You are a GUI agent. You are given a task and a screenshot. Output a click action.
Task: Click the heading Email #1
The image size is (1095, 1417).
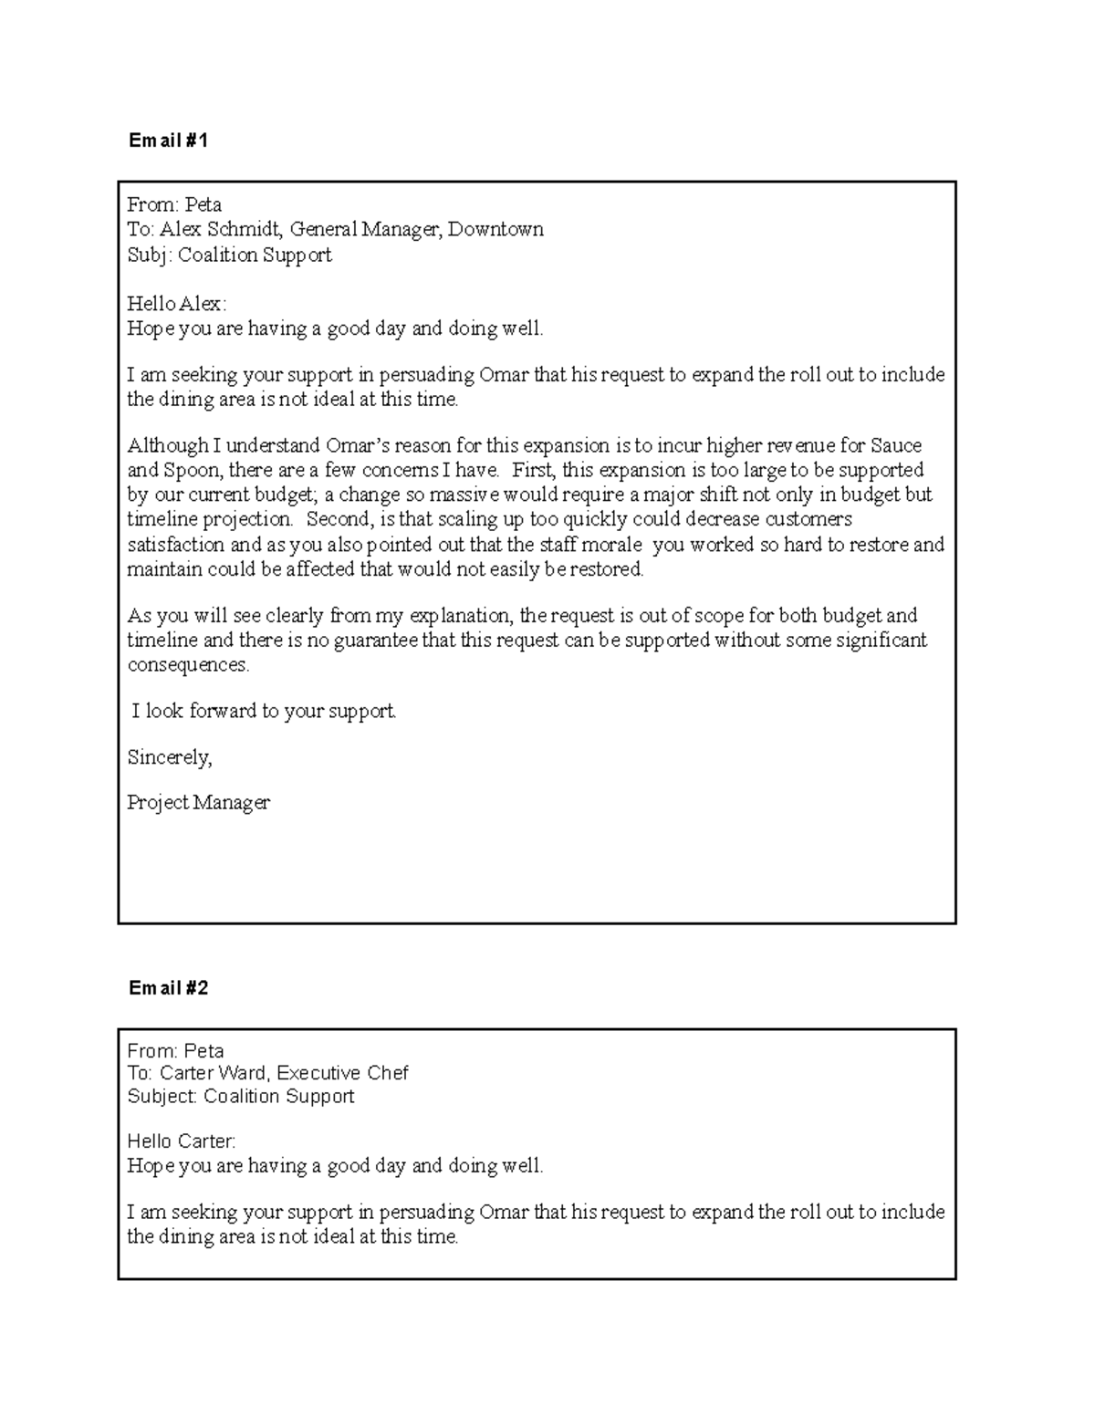(169, 141)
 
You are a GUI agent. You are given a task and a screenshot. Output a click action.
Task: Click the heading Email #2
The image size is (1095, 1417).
(169, 988)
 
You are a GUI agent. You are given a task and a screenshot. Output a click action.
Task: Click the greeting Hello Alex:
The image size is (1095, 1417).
(176, 304)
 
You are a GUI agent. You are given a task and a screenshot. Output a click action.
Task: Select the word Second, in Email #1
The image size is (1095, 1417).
(339, 520)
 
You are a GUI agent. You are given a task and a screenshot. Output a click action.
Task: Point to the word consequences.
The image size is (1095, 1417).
(187, 665)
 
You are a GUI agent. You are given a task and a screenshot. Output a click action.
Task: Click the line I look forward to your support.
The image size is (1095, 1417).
(265, 711)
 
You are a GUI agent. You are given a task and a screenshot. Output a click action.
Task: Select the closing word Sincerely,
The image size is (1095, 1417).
(170, 757)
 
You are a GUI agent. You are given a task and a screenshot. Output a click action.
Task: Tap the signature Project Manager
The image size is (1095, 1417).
(198, 803)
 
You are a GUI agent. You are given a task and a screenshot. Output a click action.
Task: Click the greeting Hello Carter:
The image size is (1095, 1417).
(181, 1141)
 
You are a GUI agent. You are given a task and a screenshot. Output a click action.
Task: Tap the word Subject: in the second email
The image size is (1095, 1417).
(162, 1097)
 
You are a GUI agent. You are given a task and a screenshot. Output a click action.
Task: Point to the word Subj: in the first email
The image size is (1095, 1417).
(150, 255)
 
